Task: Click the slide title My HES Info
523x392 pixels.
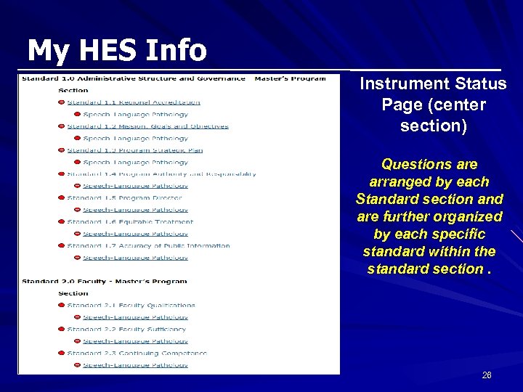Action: coord(116,51)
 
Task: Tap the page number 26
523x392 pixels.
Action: coord(487,375)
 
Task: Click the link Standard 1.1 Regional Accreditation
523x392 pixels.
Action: coord(133,102)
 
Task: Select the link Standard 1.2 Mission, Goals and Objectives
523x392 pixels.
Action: coord(147,126)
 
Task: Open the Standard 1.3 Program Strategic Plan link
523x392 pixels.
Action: coord(134,150)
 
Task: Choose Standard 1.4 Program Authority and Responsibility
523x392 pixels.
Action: coord(161,174)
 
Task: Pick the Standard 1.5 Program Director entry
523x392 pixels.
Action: coord(124,198)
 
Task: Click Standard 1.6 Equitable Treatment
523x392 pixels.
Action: coord(130,222)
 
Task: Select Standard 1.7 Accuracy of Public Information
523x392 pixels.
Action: coord(148,246)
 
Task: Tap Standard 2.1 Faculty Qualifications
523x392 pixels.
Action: coord(131,306)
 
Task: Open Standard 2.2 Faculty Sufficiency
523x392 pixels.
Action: coord(126,330)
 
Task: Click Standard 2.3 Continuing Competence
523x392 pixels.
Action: coord(137,354)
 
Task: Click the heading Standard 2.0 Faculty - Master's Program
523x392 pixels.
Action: coord(104,282)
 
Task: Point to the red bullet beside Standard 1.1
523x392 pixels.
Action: coord(61,102)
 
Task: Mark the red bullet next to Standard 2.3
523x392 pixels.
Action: coord(61,354)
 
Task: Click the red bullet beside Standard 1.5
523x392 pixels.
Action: coord(61,198)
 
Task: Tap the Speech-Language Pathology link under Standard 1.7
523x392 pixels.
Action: coord(135,258)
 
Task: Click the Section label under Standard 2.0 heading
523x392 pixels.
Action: coord(73,293)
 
